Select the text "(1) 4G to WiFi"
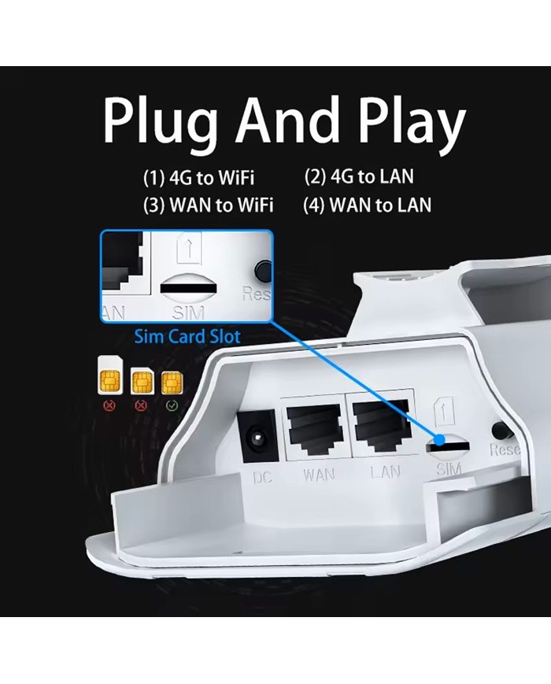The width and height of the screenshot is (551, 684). tap(198, 178)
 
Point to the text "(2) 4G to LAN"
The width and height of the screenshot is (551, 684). tap(359, 177)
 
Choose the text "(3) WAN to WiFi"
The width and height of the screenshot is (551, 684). tap(208, 205)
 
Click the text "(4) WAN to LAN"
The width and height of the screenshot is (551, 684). tap(367, 205)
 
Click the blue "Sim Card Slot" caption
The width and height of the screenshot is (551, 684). tap(187, 336)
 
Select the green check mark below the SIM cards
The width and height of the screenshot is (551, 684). tap(172, 407)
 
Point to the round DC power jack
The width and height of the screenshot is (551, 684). tap(256, 434)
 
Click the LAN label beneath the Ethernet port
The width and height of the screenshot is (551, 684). tap(386, 473)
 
